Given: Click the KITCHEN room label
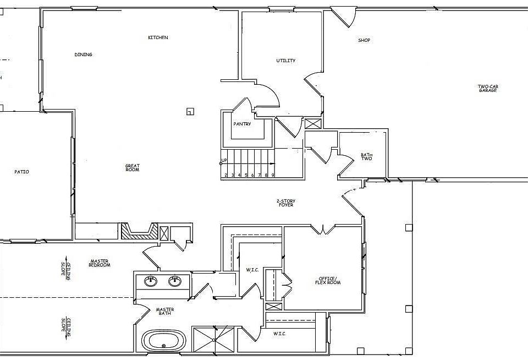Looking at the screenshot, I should click(x=158, y=37).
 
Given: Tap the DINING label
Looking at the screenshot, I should click(x=83, y=54).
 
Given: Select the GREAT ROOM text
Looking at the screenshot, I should click(x=132, y=167).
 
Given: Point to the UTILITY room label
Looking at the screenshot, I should click(x=286, y=61).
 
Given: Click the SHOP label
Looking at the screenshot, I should click(x=364, y=40).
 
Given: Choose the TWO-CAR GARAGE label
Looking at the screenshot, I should click(x=487, y=88).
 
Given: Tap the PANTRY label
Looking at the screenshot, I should click(x=242, y=124).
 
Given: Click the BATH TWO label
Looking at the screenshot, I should click(x=367, y=157).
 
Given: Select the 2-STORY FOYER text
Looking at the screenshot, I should click(x=285, y=203).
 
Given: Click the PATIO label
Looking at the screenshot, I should click(x=21, y=172).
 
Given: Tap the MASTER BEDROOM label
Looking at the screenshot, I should click(x=100, y=263).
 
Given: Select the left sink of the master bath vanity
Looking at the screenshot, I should click(x=150, y=281).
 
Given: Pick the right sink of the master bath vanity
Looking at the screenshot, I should click(x=175, y=281).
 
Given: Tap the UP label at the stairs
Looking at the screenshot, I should click(x=224, y=161).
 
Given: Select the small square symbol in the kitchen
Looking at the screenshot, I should click(x=190, y=111).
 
